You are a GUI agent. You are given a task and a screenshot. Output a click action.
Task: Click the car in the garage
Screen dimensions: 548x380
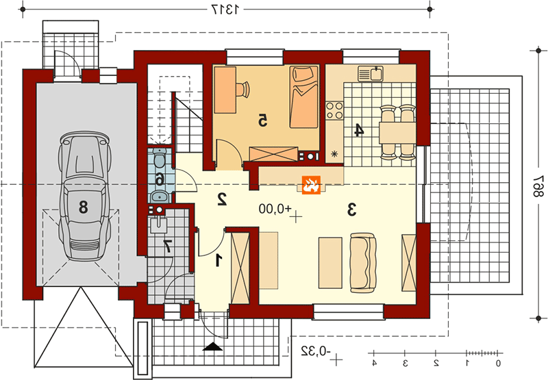(x=85, y=196)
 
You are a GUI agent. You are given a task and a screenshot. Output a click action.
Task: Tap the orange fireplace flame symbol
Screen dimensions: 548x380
(x=311, y=184)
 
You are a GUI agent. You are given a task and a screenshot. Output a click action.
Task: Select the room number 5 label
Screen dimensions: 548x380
(x=262, y=120)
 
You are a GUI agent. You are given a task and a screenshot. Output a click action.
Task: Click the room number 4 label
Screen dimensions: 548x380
(x=359, y=130)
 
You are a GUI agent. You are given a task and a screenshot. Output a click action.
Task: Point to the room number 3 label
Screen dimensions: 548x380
(x=351, y=210)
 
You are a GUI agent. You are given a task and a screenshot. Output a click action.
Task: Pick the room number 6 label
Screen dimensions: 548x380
(x=160, y=180)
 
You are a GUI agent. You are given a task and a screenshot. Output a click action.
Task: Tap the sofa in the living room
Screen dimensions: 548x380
(x=363, y=263)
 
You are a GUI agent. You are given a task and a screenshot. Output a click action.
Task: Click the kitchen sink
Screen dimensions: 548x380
(x=371, y=74)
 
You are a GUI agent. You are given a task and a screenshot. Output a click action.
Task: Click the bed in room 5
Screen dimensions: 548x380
(x=303, y=97)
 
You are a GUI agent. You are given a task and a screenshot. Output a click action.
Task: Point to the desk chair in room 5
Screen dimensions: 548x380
(x=243, y=89)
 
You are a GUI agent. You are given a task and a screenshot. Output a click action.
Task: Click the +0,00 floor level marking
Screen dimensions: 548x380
(x=275, y=209)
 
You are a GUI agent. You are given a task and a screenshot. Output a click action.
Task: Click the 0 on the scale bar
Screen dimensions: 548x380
(x=498, y=364)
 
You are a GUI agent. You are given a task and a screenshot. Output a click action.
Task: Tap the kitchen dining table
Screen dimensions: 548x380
(x=397, y=132)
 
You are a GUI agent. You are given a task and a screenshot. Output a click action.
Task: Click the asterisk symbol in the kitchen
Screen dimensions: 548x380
(x=334, y=153)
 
